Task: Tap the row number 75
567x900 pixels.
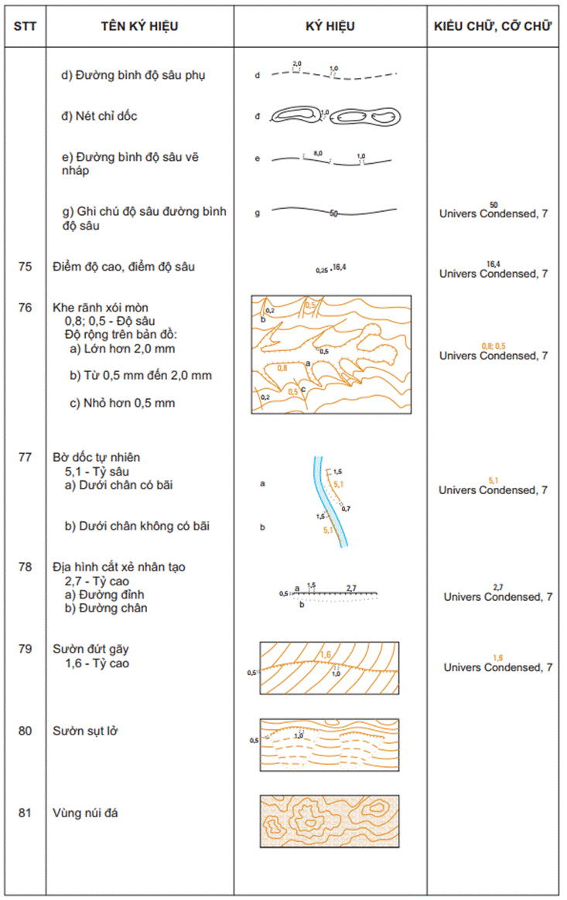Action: (25, 267)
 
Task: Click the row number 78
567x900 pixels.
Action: (25, 567)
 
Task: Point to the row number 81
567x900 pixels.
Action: (25, 813)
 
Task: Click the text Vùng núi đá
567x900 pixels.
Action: (85, 813)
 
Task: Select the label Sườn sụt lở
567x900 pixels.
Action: (85, 731)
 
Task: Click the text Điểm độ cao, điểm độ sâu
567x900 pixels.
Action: (124, 267)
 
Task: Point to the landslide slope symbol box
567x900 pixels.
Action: (330, 745)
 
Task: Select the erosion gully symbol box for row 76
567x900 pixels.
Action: (331, 354)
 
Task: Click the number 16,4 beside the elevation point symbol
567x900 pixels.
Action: (339, 268)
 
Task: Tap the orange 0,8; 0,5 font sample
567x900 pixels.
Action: (493, 345)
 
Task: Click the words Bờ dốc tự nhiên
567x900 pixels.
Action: (97, 457)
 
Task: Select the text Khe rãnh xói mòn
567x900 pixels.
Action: (100, 307)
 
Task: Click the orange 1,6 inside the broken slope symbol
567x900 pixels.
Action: (325, 655)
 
